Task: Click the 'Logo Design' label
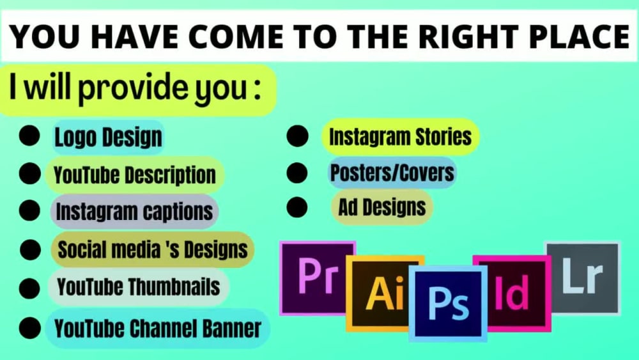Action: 108,137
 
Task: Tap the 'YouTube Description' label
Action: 135,175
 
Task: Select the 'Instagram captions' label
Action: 134,212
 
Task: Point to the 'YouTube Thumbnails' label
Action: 139,286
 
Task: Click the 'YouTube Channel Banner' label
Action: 158,329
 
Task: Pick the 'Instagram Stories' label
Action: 400,136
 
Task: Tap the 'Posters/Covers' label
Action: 392,172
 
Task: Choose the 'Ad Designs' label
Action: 382,207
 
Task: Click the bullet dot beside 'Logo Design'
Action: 29,136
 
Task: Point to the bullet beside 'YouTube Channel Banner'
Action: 29,329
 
